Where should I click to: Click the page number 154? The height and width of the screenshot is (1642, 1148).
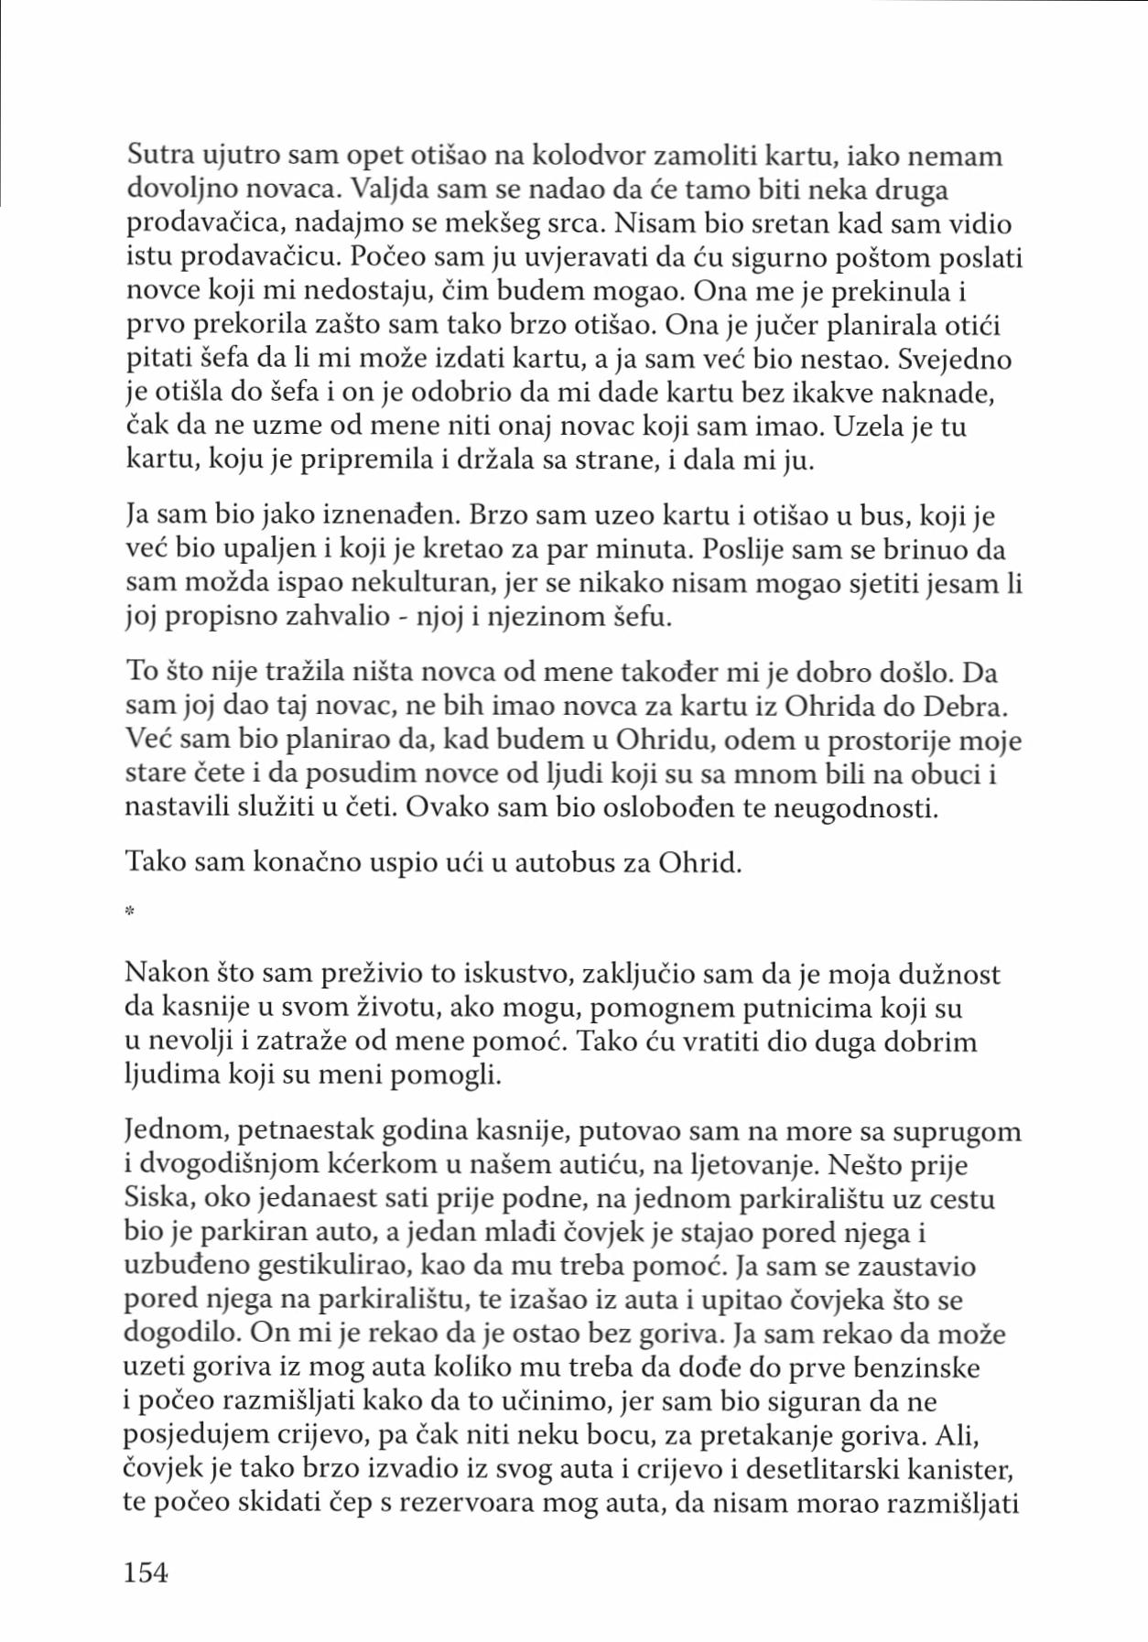tap(146, 1572)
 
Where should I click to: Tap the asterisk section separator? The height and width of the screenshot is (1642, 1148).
tap(130, 911)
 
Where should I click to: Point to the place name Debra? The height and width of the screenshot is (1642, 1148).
tap(958, 707)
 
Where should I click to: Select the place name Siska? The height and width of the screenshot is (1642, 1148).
tap(157, 1199)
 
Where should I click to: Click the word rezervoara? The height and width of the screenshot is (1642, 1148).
tap(497, 1504)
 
